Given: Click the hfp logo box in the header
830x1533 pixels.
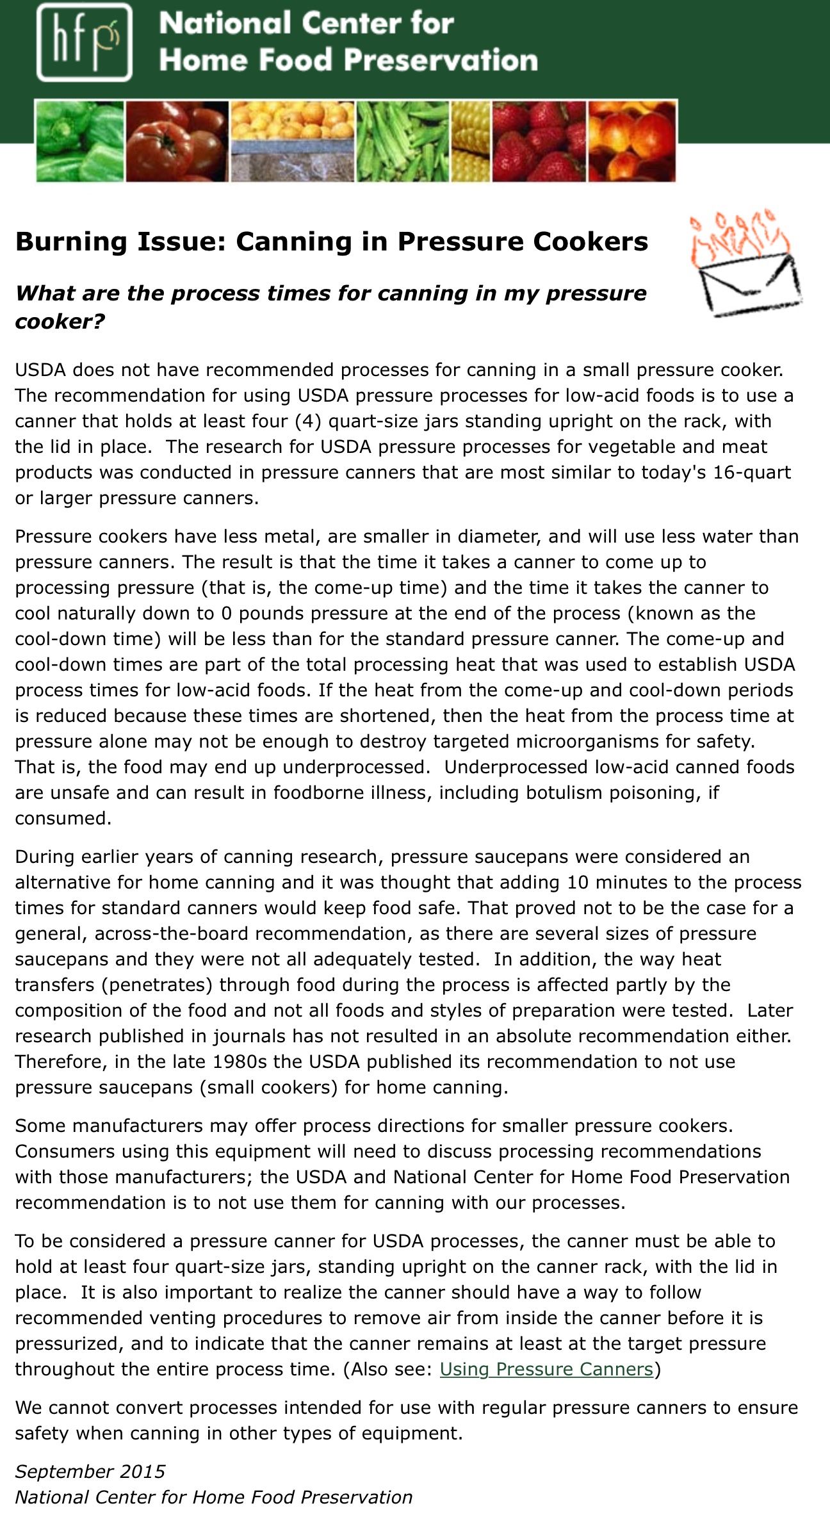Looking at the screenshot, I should click(84, 42).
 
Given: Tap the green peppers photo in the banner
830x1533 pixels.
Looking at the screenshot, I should click(80, 142).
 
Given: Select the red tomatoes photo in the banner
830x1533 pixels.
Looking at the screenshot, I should click(177, 142).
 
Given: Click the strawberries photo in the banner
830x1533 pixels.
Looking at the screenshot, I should click(539, 142).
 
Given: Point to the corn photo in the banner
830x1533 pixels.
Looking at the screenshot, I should click(471, 142).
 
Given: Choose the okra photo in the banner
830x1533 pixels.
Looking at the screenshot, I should click(403, 142).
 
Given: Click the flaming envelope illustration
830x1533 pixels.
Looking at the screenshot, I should click(745, 264).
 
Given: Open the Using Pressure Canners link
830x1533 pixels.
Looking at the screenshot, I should click(546, 1369).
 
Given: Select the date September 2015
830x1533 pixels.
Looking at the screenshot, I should click(90, 1472).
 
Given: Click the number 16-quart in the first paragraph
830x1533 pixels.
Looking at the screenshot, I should click(752, 472).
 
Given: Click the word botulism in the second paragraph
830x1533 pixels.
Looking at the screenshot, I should click(564, 792).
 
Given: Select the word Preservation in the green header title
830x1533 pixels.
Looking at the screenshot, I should click(441, 60).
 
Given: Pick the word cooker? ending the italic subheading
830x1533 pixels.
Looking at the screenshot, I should click(60, 321).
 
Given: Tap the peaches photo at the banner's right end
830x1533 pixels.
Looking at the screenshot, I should click(631, 142).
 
